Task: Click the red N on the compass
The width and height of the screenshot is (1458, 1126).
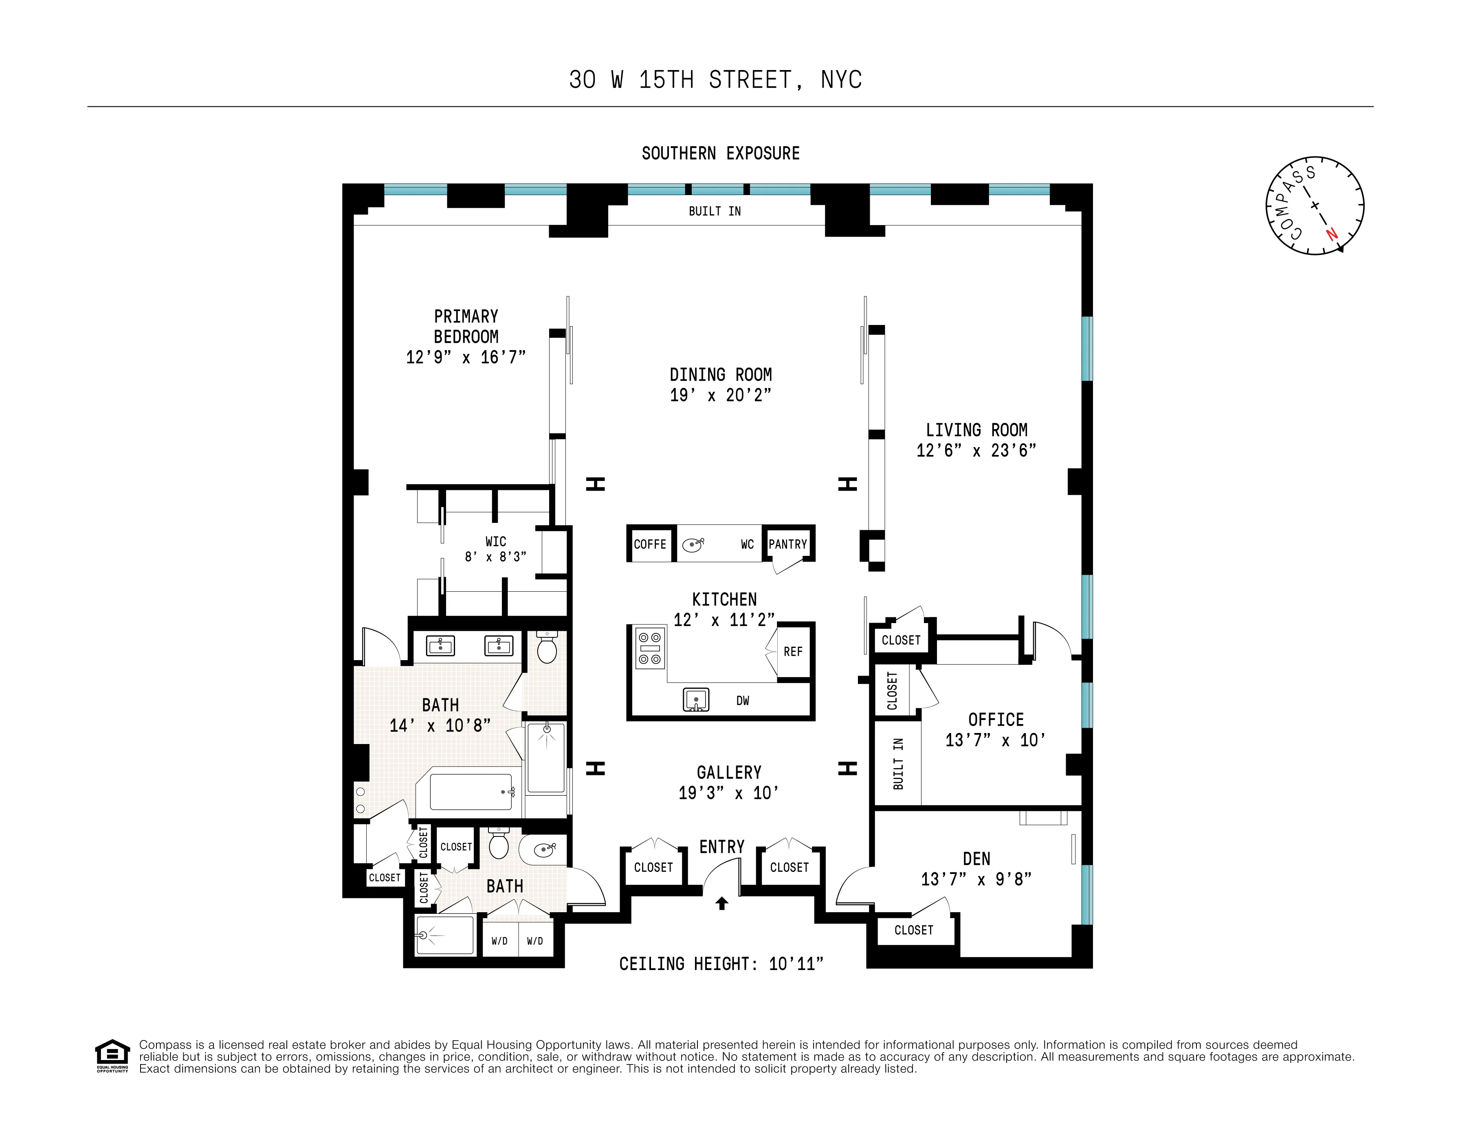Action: (1332, 234)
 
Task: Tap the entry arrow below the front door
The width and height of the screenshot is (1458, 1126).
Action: (721, 904)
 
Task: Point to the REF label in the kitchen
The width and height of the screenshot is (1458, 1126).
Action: (793, 652)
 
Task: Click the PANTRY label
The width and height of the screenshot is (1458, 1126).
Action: (788, 544)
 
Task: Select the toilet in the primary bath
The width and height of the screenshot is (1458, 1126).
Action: (547, 648)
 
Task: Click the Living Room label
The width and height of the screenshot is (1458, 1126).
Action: (976, 430)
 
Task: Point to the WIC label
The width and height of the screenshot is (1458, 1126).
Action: (495, 541)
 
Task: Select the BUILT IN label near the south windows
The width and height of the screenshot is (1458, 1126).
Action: (714, 211)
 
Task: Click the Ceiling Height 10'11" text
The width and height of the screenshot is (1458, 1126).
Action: (721, 964)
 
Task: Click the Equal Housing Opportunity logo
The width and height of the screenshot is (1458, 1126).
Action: (112, 1055)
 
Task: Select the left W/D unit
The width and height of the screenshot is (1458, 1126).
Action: (499, 941)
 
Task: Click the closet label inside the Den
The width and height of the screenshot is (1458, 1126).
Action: (913, 930)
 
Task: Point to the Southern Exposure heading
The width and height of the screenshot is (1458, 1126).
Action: (720, 154)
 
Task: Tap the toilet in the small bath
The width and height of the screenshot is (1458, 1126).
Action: (499, 844)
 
